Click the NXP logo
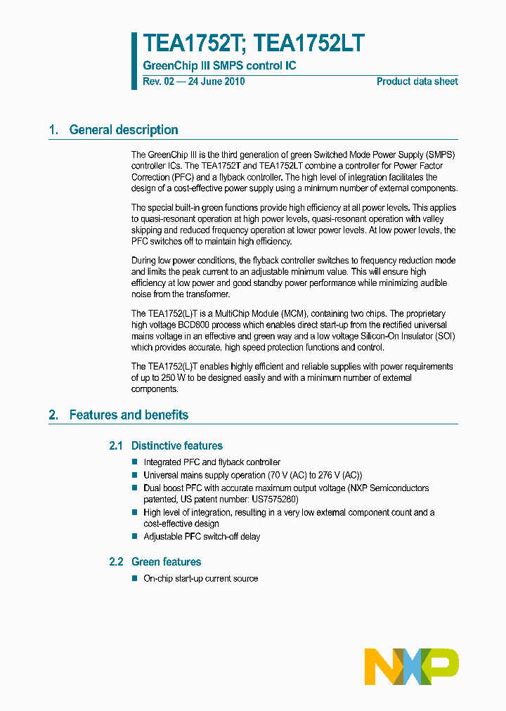[x=411, y=667]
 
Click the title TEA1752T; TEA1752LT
[x=254, y=44]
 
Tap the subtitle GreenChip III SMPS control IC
[x=219, y=66]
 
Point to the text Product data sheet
[x=417, y=81]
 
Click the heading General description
[x=124, y=130]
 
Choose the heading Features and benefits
[x=129, y=415]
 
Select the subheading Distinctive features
[x=176, y=446]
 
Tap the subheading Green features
[x=166, y=562]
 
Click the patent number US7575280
[x=275, y=500]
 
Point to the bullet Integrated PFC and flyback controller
[x=212, y=462]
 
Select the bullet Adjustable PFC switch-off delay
[x=202, y=537]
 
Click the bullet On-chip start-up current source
[x=200, y=579]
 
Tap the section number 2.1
[x=116, y=446]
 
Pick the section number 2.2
[x=116, y=562]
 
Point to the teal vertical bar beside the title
[x=134, y=60]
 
